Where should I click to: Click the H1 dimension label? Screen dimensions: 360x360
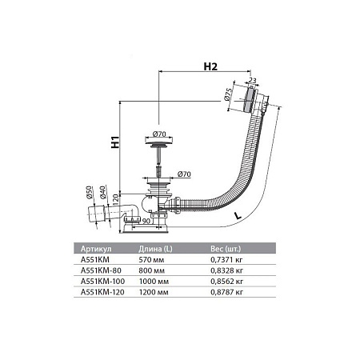point(117,145)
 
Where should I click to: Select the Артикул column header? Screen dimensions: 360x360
point(99,248)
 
